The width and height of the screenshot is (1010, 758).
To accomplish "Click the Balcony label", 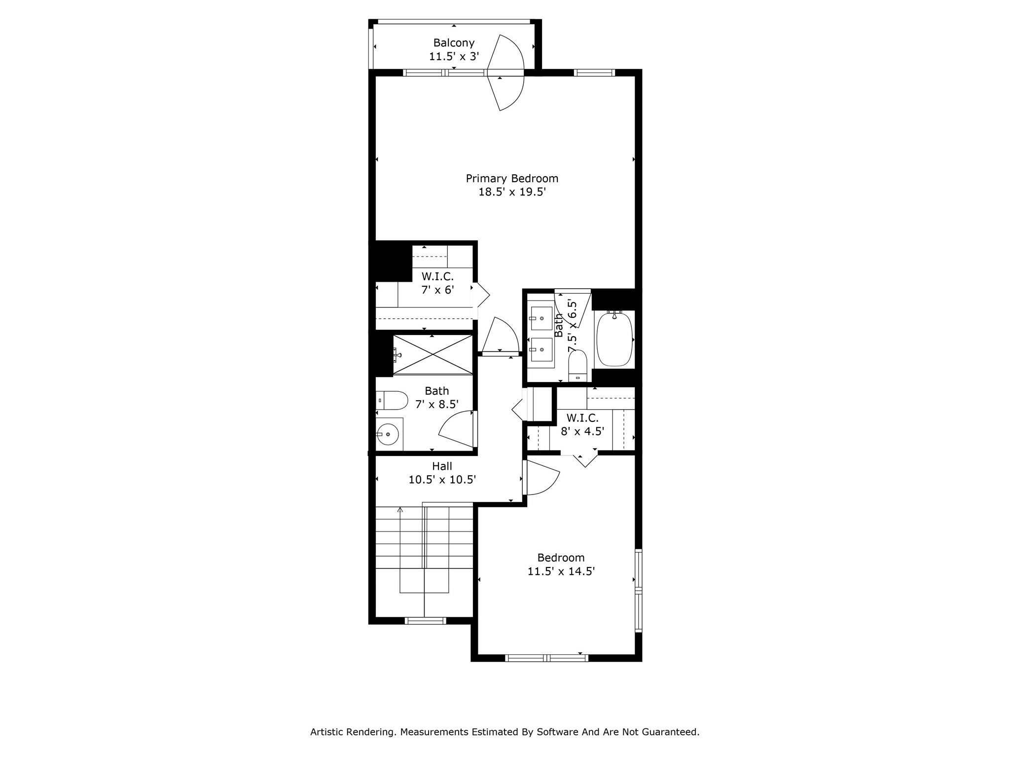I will pos(454,42).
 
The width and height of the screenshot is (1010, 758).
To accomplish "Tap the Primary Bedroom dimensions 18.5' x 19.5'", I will pos(512,192).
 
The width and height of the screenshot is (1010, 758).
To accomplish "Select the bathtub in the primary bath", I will pos(614,339).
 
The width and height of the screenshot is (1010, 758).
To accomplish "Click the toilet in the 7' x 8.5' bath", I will pos(392,400).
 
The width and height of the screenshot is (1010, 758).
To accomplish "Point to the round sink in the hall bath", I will pos(388,434).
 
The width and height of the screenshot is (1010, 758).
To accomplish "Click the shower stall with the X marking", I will pos(433,355).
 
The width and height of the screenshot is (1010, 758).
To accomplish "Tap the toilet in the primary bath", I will pos(577,366).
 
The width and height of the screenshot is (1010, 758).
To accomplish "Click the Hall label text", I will pos(442,466).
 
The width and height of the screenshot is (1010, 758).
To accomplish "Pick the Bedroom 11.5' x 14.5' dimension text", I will pos(561,571).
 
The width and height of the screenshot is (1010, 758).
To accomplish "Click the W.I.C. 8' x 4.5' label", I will pos(582,424).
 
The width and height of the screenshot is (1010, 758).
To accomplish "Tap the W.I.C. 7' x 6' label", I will pos(437,283).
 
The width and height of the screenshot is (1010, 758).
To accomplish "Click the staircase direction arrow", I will pos(400,510).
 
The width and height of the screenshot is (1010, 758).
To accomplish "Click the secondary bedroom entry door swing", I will pos(541,478).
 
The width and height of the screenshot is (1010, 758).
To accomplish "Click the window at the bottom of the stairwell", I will pos(425,621).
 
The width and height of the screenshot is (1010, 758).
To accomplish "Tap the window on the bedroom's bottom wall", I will pos(547,658).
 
